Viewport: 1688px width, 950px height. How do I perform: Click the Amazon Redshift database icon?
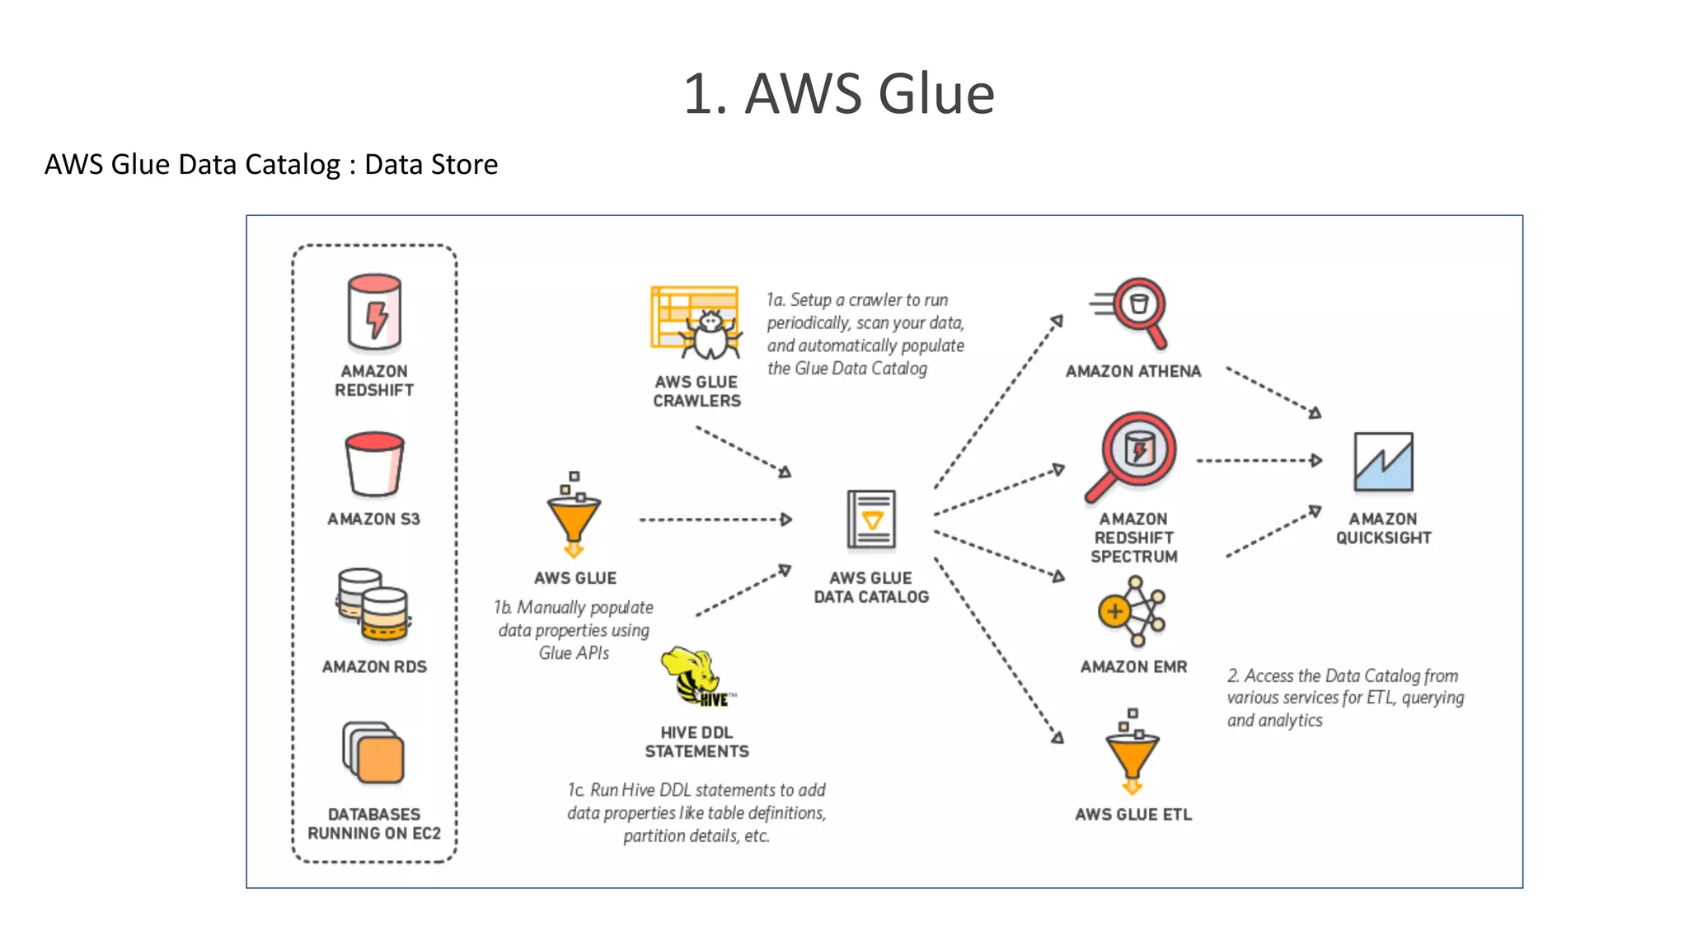[374, 314]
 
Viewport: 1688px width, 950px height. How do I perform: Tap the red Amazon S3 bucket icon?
[374, 463]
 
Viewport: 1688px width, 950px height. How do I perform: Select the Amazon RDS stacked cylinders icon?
[373, 605]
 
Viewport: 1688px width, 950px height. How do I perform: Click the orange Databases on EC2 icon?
[373, 752]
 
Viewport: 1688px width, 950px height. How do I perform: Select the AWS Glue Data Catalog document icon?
[871, 520]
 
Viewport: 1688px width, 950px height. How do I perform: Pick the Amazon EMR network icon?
[1132, 611]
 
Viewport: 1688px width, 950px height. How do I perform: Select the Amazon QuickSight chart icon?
[1383, 462]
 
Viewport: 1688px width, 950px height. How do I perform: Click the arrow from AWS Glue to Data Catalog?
[715, 520]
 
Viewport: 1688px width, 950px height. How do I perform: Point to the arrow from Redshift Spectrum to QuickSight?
[1259, 460]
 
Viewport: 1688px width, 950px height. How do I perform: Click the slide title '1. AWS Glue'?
[839, 93]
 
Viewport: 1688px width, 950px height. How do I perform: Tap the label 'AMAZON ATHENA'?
[1132, 372]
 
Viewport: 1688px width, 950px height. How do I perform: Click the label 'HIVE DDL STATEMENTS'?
[696, 741]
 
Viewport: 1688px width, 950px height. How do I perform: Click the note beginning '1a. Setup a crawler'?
[865, 334]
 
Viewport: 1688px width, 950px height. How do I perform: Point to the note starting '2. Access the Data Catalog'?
[1345, 698]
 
